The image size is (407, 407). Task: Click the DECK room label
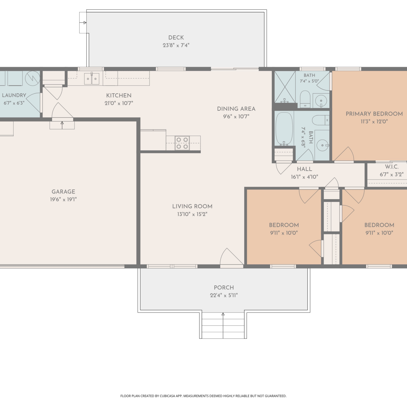[176, 37]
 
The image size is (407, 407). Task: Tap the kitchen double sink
[92, 79]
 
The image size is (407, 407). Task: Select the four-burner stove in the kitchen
[182, 143]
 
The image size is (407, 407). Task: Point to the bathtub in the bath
[284, 129]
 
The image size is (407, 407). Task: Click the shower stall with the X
[285, 87]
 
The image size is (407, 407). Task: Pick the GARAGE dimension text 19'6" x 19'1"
[63, 199]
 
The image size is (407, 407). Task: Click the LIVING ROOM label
[192, 206]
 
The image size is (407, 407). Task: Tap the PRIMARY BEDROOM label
[374, 114]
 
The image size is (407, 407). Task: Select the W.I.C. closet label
[392, 167]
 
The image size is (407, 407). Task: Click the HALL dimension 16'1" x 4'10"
[304, 177]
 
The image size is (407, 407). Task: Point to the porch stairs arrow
[223, 326]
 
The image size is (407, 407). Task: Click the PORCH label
[224, 287]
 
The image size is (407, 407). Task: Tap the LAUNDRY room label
[14, 95]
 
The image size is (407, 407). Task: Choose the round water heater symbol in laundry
[33, 78]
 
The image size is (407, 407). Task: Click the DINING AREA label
[236, 109]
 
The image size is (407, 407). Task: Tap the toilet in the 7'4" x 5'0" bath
[305, 99]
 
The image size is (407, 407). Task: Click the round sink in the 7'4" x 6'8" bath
[322, 145]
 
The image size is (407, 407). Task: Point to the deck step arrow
[83, 23]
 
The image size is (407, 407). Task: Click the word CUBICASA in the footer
[167, 396]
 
